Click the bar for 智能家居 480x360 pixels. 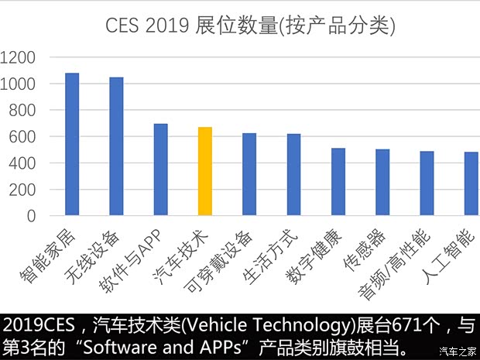72,144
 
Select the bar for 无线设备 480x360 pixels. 116,146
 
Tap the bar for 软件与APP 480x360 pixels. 160,170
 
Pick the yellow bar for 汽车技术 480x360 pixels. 205,171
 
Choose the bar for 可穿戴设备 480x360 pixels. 249,174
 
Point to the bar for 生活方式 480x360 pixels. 293,175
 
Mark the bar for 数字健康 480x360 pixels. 338,182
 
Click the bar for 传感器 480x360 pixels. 382,183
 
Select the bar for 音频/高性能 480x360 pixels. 427,183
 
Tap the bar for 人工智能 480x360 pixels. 471,184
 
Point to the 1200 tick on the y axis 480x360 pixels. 18,57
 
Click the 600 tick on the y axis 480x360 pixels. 24,137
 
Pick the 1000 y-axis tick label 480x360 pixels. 18,84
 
